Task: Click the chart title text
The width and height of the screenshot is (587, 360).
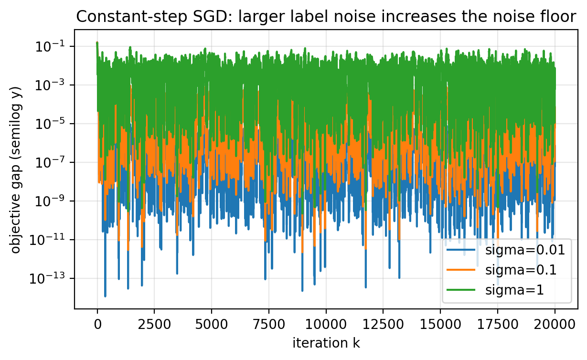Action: click(x=326, y=17)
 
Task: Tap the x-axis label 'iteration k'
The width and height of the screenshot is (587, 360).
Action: click(x=326, y=342)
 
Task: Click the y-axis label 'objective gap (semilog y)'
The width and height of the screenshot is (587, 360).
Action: click(x=16, y=169)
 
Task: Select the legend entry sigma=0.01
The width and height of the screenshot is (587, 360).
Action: click(x=525, y=250)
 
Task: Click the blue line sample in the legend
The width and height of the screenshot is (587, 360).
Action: click(x=461, y=250)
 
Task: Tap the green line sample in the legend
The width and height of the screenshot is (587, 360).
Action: click(x=461, y=289)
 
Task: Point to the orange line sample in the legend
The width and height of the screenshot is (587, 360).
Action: click(x=461, y=270)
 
